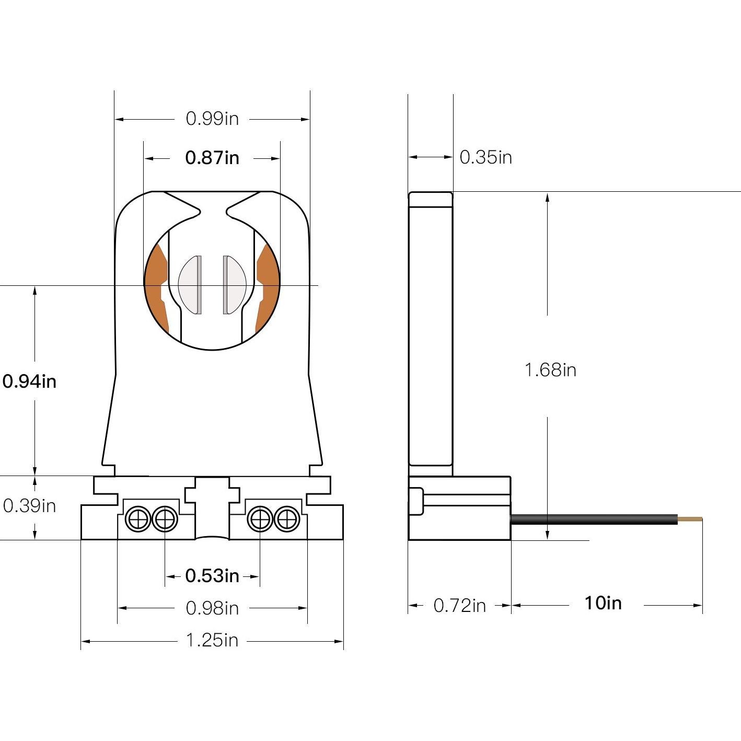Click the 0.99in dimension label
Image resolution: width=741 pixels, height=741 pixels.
pos(212,119)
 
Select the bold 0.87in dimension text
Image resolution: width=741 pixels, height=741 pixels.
pos(212,157)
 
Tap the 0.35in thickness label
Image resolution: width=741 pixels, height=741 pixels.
pos(485,157)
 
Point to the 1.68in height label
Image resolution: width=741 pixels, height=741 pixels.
pos(550,370)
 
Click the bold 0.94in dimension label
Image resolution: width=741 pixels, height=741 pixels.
pos(29,381)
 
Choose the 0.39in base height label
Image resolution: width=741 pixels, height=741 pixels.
pos(29,506)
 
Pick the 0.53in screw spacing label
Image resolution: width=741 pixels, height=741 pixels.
pos(212,576)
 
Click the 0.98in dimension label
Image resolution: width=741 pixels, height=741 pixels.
pos(212,608)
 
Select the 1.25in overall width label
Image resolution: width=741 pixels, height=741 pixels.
pos(212,640)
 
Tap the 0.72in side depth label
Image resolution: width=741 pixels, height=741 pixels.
pos(459,606)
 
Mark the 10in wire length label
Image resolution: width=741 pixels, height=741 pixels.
pos(603,603)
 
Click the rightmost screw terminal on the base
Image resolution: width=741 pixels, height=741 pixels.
pos(285,519)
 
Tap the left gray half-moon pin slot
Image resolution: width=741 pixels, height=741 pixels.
pos(191,285)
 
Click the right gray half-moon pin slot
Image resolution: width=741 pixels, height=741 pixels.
pos(234,285)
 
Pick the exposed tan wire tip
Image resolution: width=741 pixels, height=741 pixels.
pos(690,519)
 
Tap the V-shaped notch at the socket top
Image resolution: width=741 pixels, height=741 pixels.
pos(213,206)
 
